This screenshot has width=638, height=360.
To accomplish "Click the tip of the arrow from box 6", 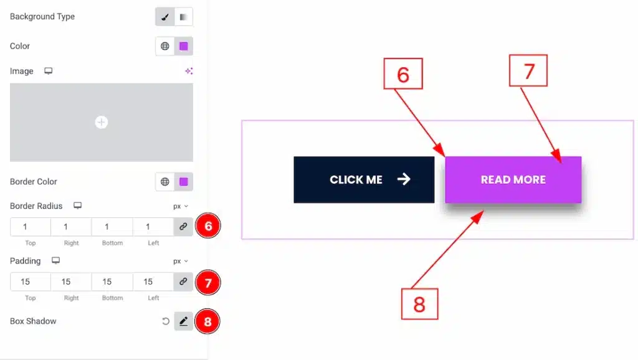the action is (x=445, y=156).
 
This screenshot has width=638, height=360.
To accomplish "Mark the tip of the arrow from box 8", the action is (x=483, y=211).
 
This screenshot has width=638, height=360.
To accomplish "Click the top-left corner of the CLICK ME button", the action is (x=294, y=156).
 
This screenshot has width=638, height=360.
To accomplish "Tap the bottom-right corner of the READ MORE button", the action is (x=581, y=203).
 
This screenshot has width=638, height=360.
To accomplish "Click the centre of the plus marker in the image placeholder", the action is (x=102, y=122).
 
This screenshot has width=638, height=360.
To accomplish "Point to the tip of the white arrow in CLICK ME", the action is (x=411, y=179).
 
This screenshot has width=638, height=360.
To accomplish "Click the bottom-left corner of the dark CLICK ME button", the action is (x=294, y=203).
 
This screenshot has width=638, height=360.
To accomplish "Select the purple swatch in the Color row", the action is (x=184, y=46).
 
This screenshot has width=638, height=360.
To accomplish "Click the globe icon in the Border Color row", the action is (x=164, y=181).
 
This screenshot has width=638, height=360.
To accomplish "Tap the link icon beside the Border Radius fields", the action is (x=183, y=227).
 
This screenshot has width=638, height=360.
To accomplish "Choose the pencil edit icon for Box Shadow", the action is (x=184, y=321).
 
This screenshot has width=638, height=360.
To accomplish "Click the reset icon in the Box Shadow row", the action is (x=166, y=321).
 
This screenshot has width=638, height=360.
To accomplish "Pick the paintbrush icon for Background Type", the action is (x=164, y=17).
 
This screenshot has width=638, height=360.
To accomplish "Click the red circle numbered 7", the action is (x=208, y=282).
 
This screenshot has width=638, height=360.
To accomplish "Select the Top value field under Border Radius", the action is (x=31, y=227).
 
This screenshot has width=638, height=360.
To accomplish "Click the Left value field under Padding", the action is (x=153, y=282).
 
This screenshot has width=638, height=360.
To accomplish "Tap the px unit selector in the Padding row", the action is (x=181, y=261).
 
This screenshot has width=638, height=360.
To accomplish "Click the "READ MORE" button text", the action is (x=513, y=180).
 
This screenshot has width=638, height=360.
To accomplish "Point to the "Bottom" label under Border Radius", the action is (x=112, y=243).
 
